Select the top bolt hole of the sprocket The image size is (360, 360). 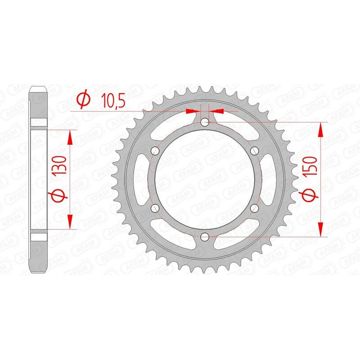(205, 121)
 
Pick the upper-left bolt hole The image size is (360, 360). (155, 150)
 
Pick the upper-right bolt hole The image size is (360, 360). (255, 150)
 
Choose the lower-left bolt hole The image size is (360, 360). (155, 207)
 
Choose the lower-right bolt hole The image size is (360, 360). (255, 207)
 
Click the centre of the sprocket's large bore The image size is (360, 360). (205, 179)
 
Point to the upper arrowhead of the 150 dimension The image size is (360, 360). (320, 129)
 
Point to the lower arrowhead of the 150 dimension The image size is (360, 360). (320, 229)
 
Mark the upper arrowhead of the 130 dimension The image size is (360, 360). (70, 137)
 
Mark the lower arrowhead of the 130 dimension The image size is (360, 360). (70, 222)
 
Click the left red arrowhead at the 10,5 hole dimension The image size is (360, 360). (193, 110)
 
